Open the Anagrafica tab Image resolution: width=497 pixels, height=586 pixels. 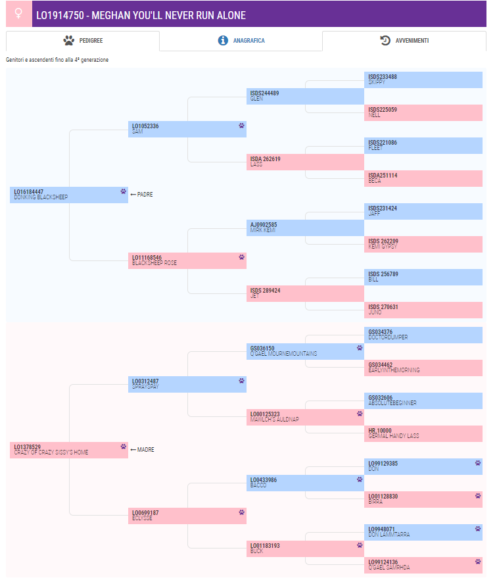point(241,41)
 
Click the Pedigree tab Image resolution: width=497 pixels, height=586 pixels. point(83,41)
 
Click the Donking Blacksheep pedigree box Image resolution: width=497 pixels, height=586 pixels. point(68,195)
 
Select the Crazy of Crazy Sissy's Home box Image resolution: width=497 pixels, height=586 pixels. point(68,450)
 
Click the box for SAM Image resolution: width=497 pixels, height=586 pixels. point(187,129)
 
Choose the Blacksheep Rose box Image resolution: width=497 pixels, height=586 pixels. point(187,260)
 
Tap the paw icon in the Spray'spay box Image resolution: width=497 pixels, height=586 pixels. point(241,380)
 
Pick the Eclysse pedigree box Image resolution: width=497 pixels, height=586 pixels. point(187,516)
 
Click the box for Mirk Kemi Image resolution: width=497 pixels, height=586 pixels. point(305,228)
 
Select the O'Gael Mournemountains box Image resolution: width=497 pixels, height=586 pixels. point(305,351)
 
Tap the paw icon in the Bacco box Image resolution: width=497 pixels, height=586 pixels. point(360,479)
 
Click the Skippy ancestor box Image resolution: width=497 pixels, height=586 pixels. point(423,80)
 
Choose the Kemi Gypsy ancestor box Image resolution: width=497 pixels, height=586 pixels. point(423,244)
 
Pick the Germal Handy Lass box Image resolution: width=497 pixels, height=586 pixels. point(423,433)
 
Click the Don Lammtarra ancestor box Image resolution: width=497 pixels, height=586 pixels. point(423,532)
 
